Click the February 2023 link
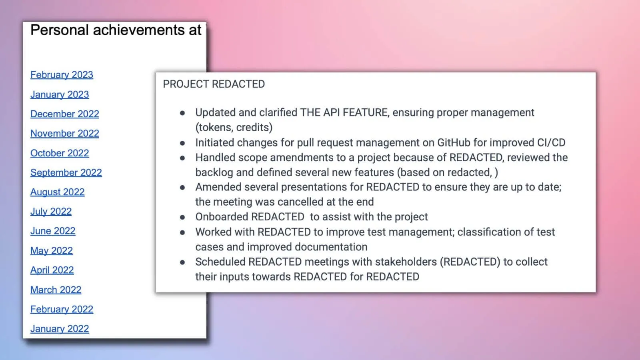point(62,75)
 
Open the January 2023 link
point(60,94)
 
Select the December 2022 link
point(65,114)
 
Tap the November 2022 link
point(65,134)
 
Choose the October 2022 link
point(60,153)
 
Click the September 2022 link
point(66,173)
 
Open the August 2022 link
point(58,192)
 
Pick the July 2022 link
point(51,212)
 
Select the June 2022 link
point(53,231)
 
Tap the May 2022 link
point(52,251)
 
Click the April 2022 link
point(52,270)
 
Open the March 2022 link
point(56,290)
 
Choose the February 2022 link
point(62,310)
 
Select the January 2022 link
point(60,329)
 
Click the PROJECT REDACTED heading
point(214,84)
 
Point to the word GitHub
point(454,143)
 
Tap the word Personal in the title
point(59,30)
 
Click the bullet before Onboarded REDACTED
point(182,217)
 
